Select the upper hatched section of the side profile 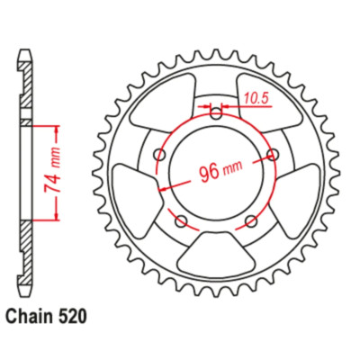pos(29,90)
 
